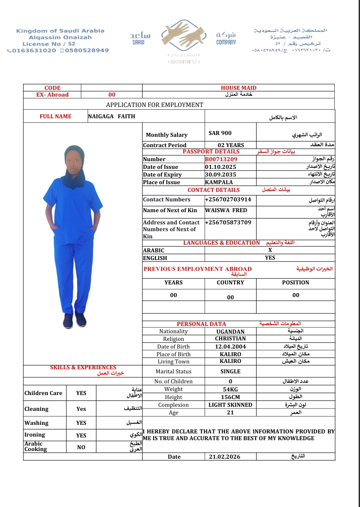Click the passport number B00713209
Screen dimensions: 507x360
tap(221, 159)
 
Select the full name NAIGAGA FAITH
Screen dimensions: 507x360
tap(112, 116)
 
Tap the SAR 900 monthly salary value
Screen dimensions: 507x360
tap(220, 134)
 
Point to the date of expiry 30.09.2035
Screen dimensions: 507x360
tap(219, 175)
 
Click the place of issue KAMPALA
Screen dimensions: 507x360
tap(219, 182)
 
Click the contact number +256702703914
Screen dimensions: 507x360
tap(228, 200)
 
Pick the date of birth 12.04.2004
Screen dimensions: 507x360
tap(230, 347)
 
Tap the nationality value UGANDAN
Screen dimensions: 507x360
tap(230, 331)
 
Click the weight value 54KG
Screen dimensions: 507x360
tap(230, 389)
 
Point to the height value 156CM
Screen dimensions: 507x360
tap(230, 397)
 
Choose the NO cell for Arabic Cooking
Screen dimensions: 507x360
tap(81, 447)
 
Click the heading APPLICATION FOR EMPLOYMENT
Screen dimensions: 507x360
tap(154, 105)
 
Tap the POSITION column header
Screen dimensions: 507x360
tap(295, 283)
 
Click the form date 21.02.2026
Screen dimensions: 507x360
tap(225, 457)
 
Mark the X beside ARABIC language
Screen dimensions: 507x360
tap(270, 250)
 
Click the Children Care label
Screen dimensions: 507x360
tap(43, 393)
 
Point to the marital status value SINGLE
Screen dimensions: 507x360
tap(230, 372)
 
